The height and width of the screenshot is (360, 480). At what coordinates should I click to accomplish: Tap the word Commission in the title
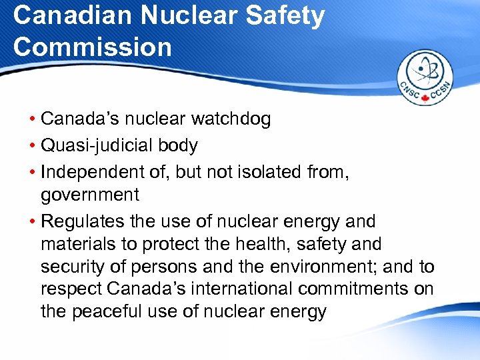coord(93,47)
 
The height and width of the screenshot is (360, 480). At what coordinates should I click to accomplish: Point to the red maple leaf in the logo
coord(425,99)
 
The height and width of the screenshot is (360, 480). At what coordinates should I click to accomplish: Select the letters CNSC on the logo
coord(409,93)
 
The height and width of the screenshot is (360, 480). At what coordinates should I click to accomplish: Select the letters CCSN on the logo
coord(441,93)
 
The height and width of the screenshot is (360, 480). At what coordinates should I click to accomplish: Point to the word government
coord(90,195)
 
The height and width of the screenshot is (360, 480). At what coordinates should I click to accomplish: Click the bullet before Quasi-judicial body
coord(33,145)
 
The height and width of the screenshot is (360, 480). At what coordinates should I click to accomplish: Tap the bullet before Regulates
coord(33,221)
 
